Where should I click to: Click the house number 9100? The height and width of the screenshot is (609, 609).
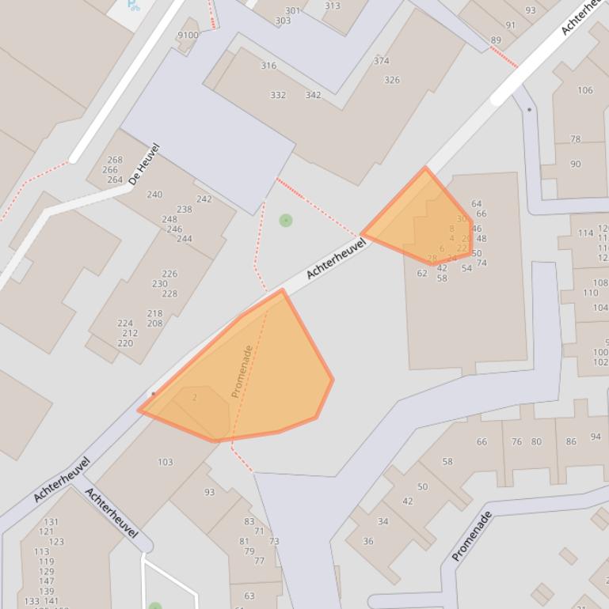click(188, 36)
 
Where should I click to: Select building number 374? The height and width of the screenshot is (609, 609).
click(381, 61)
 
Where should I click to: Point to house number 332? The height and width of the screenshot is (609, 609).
click(277, 95)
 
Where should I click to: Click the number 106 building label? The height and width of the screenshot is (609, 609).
click(584, 90)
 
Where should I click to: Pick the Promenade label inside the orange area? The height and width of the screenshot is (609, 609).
click(242, 371)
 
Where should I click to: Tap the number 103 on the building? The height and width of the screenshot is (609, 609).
click(166, 463)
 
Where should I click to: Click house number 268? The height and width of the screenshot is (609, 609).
click(115, 160)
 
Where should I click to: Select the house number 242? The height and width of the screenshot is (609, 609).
click(204, 199)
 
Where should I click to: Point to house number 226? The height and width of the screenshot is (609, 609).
click(169, 274)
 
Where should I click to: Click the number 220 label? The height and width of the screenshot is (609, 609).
click(125, 343)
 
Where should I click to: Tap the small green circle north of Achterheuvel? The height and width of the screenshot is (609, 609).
click(286, 221)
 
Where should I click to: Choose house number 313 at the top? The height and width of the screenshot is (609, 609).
click(332, 6)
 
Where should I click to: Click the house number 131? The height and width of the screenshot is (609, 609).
click(51, 522)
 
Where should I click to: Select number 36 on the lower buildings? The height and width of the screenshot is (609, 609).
click(367, 542)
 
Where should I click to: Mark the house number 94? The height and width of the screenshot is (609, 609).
click(596, 437)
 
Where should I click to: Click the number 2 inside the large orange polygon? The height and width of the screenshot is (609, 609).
click(195, 398)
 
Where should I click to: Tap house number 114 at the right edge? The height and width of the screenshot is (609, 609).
click(585, 233)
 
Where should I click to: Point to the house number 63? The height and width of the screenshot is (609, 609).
click(249, 596)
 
